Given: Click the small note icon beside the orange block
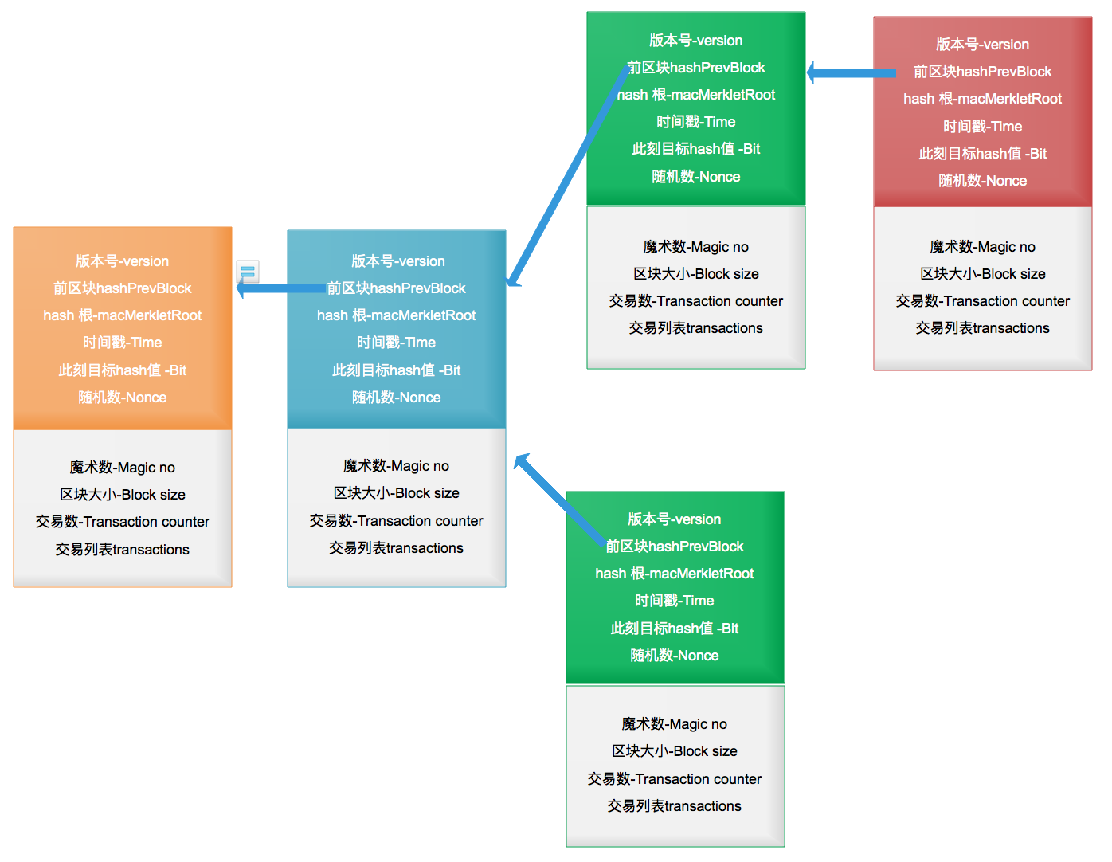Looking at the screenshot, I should click(248, 272).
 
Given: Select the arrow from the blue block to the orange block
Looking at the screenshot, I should click(279, 288).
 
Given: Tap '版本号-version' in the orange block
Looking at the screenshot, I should click(122, 261).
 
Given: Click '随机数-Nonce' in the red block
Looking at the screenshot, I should click(982, 181).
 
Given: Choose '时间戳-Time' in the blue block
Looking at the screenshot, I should click(396, 343).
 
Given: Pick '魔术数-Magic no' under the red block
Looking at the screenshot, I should click(982, 247).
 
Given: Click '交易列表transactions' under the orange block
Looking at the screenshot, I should click(122, 550).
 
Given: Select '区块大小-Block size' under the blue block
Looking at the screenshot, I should click(396, 493).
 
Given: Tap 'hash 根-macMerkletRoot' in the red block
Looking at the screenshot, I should click(982, 99).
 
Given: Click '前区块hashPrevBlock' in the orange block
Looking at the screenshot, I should click(122, 288).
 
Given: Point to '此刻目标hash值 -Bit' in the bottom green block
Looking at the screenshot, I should click(674, 629).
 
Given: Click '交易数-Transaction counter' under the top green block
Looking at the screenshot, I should click(695, 301).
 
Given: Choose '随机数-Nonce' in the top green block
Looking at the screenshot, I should click(695, 177).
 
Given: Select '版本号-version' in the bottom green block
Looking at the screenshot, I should click(674, 519).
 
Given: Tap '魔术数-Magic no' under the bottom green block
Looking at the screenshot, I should click(674, 724).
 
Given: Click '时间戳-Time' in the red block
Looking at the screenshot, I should click(982, 127).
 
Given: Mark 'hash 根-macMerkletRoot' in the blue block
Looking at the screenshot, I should click(396, 315).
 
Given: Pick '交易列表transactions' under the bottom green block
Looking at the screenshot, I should click(674, 806).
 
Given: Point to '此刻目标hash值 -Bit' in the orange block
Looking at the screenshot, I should click(122, 370).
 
